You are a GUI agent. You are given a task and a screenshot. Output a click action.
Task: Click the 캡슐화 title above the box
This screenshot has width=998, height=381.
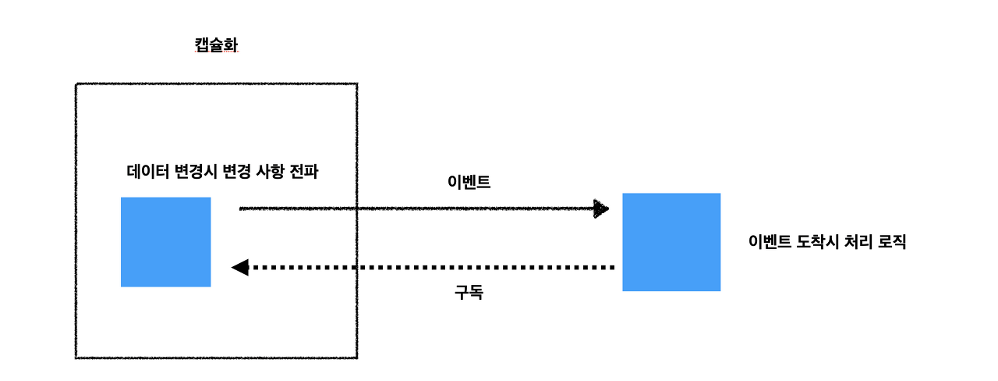[x=216, y=45]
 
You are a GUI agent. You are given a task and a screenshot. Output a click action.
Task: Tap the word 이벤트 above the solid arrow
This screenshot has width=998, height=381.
[x=469, y=183]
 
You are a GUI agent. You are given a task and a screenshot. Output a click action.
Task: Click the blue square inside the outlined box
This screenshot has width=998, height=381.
[x=166, y=242]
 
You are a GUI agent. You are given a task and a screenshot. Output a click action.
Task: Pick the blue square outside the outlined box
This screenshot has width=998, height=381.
[x=671, y=242]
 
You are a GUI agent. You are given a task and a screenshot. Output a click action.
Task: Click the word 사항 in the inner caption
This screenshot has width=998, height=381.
[x=267, y=173]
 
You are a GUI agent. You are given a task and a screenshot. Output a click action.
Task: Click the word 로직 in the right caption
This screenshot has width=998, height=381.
[x=892, y=242]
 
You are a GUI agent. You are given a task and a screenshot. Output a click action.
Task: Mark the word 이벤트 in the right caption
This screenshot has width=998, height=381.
[x=769, y=242]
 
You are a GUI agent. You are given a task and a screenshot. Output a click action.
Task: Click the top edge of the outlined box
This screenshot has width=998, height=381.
[x=216, y=84]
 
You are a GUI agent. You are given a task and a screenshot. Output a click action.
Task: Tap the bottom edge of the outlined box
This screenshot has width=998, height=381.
[x=216, y=358]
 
